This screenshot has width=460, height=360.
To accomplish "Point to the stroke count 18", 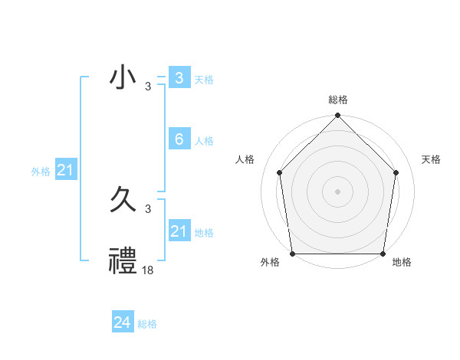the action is [x=148, y=270].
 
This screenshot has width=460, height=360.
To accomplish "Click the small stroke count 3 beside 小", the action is [x=148, y=86].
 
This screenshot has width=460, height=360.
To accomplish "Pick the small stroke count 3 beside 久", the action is [x=148, y=208].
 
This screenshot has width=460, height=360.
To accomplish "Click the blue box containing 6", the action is [x=179, y=139].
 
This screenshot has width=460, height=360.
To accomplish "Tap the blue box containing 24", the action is [x=123, y=322].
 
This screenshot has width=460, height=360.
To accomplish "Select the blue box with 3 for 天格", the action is [x=179, y=78].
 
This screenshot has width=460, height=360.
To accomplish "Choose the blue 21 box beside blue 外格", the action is [x=65, y=170].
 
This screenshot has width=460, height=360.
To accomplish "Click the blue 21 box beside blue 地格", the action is [x=179, y=231].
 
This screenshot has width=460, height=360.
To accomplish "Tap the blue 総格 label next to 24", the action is [x=147, y=324].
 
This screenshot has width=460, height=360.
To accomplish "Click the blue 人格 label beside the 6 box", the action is [x=204, y=141].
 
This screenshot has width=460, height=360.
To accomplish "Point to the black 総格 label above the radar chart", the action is [x=338, y=100].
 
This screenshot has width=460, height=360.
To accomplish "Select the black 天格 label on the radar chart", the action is [x=432, y=159].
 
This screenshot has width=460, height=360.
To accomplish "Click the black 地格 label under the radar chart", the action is [x=402, y=263].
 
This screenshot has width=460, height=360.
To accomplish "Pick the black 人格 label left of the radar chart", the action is [x=245, y=159].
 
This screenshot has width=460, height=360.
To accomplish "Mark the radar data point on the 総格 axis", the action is [x=338, y=116].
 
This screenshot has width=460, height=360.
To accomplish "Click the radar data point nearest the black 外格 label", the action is [x=293, y=253].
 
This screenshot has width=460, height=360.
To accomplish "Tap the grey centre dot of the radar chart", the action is [x=338, y=191].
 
